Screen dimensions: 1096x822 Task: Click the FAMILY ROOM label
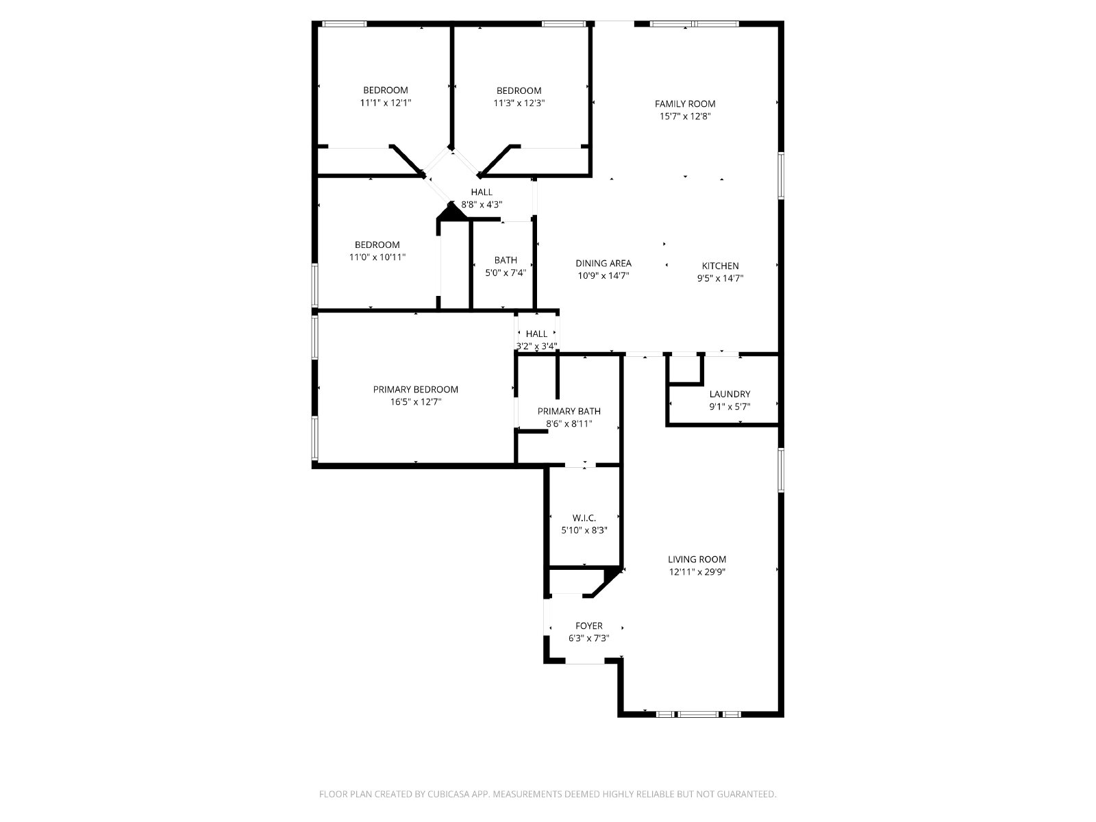(685, 104)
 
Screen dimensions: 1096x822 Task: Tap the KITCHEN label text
(720, 266)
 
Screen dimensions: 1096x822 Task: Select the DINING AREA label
(603, 263)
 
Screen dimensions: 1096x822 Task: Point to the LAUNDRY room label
(730, 394)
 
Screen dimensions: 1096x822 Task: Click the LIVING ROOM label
(697, 560)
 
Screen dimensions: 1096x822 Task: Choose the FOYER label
(588, 626)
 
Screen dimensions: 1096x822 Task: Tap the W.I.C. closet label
(584, 518)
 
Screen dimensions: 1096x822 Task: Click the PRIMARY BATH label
(569, 411)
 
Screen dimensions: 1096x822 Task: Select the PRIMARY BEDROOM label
(415, 389)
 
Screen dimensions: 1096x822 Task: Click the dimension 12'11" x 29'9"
(697, 572)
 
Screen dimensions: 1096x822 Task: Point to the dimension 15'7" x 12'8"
(685, 116)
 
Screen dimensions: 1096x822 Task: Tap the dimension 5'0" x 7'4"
(506, 273)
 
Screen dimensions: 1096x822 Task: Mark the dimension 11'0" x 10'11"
(377, 257)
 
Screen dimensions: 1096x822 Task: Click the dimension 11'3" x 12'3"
(519, 103)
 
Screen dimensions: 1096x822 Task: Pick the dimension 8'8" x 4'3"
(482, 204)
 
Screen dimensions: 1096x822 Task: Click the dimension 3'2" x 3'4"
(536, 346)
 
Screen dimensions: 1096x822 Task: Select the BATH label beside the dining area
(506, 260)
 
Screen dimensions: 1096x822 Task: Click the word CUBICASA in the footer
(449, 794)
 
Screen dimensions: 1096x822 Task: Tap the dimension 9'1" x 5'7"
(730, 406)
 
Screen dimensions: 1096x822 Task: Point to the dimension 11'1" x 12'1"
(386, 103)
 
